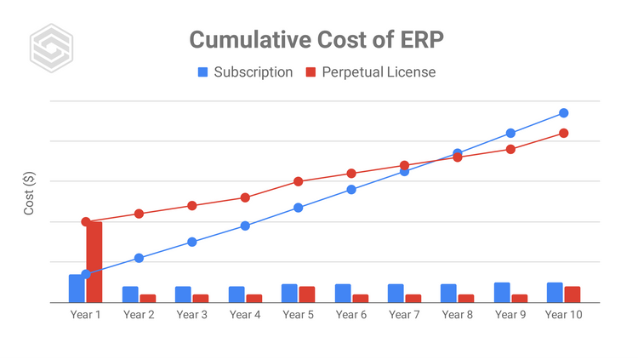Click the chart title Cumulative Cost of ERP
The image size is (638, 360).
pos(316,40)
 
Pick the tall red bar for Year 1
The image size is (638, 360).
pos(94,261)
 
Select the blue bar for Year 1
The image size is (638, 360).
pos(77,289)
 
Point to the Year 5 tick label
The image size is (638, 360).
pos(298,315)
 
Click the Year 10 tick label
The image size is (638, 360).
pos(563,315)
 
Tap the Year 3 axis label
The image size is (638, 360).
pos(192,315)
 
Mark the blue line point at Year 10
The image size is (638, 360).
pos(564,113)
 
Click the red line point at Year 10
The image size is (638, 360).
pos(564,133)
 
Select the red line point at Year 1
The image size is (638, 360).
pos(86,221)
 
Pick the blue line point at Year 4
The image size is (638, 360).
pos(245,226)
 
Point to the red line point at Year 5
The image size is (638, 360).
pos(299,181)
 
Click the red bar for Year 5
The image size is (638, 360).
pos(307,294)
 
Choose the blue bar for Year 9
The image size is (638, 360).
pos(502,293)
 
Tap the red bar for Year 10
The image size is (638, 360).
pos(572,294)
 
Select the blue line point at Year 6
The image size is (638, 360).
pos(351,189)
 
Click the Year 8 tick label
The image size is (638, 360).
pos(458,315)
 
